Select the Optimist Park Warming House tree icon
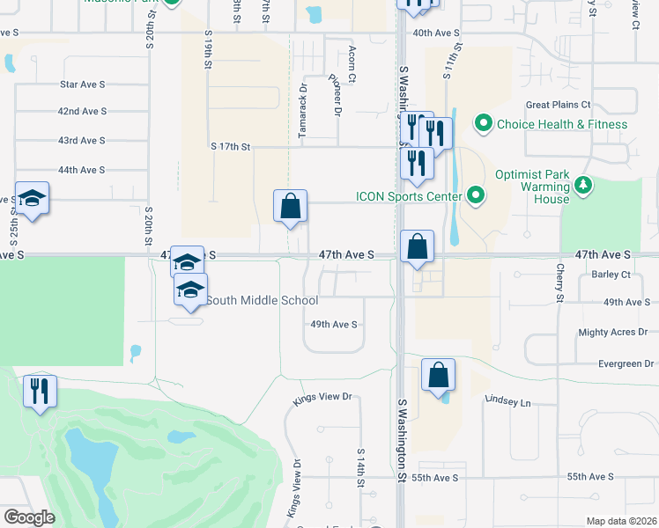point(581,185)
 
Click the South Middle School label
point(262,301)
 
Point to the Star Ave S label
point(82,84)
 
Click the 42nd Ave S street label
point(82,112)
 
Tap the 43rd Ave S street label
point(81,141)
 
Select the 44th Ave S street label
point(81,170)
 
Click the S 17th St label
point(231,146)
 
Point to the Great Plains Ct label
point(558,105)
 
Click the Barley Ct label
point(612,275)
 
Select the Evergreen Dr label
point(626,363)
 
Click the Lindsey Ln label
point(508,402)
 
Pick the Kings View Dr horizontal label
point(322,397)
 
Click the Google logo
point(29,517)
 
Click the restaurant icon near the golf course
point(39,390)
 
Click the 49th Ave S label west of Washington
point(333,324)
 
